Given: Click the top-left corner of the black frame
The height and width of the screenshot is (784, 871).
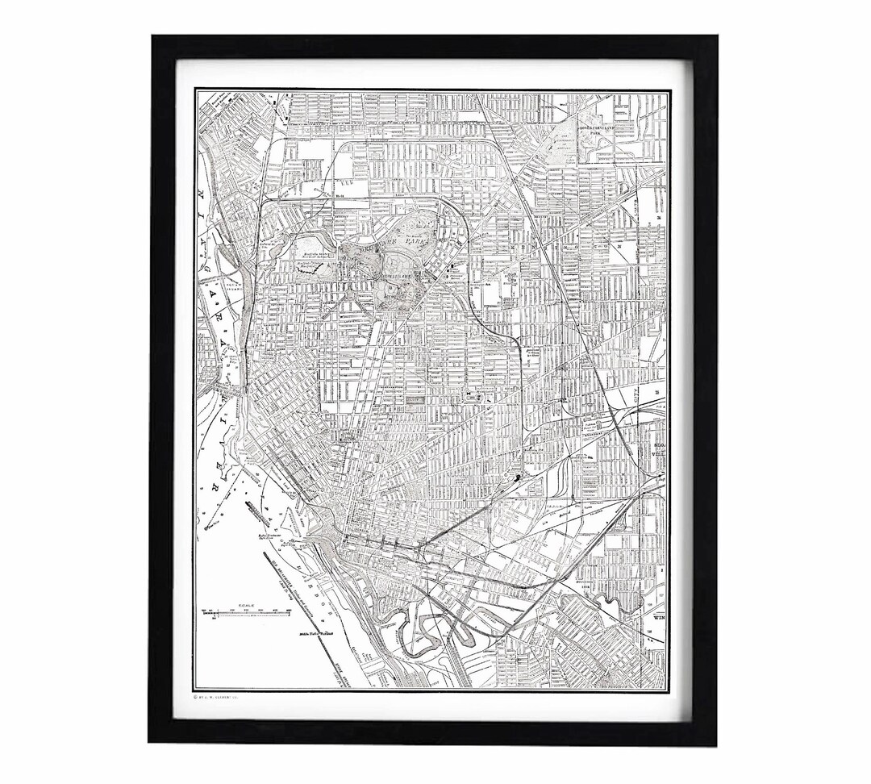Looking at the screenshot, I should click(x=151, y=36).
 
